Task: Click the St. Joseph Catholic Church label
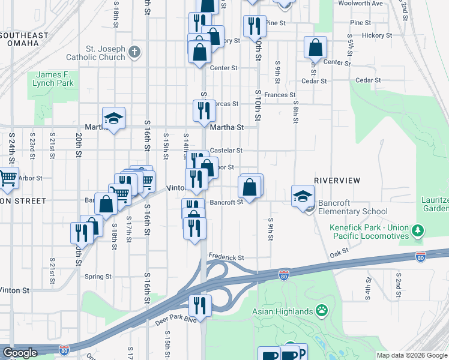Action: (x=105, y=53)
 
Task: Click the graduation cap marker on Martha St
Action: (x=113, y=119)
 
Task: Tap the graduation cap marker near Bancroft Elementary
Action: (x=303, y=195)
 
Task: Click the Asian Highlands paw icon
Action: (x=322, y=311)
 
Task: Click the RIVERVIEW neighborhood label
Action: (x=337, y=180)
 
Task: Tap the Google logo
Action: (x=20, y=353)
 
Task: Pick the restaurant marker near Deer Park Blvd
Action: (x=200, y=305)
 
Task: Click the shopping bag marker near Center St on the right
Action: (x=315, y=47)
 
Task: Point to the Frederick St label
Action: (x=226, y=257)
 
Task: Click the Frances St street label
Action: (x=280, y=95)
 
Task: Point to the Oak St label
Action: (x=340, y=255)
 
